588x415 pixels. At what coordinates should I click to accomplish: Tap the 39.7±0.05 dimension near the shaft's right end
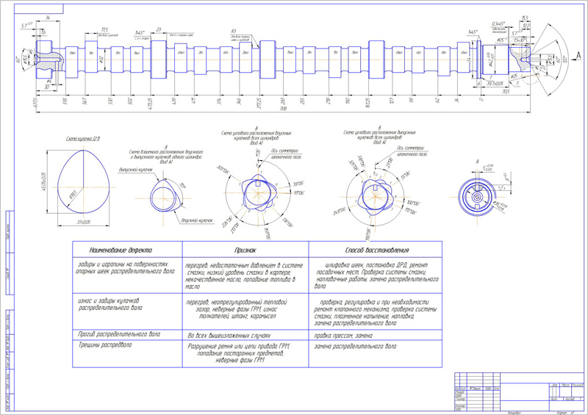point(497,84)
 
